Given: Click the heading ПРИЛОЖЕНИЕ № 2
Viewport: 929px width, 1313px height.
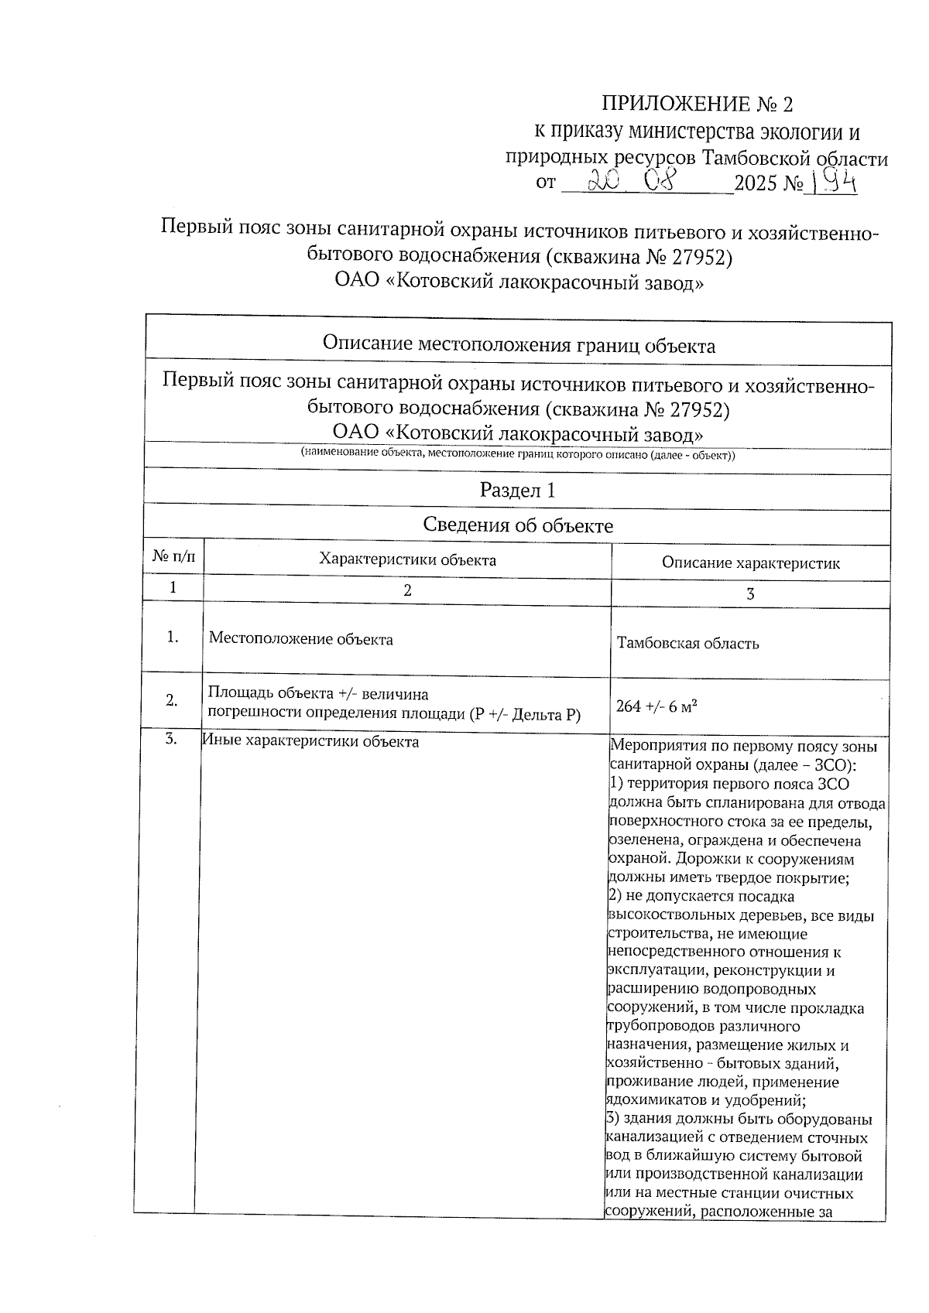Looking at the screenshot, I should click(698, 104).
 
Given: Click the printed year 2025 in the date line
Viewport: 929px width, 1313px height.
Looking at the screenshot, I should click(757, 184).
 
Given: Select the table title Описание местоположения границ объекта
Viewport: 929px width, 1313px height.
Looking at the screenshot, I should click(518, 345).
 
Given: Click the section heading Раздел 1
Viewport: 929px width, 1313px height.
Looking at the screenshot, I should click(517, 490).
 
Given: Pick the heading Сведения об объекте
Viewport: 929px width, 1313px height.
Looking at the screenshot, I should click(517, 526).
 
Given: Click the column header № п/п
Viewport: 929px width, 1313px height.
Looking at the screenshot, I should click(173, 556).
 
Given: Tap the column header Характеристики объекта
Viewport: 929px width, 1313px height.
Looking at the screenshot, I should click(407, 559).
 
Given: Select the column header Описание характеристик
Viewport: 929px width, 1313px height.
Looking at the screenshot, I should click(750, 563).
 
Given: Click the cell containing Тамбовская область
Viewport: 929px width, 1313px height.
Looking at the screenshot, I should click(687, 644).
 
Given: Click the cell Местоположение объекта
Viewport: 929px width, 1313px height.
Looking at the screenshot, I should click(301, 639).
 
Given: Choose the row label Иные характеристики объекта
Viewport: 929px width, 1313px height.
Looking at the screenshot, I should click(310, 742).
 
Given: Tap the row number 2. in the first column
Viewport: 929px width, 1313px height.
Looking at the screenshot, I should click(172, 700).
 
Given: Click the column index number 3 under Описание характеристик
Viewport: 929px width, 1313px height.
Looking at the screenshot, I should click(749, 594).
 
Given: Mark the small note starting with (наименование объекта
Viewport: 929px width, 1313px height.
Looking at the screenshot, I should click(517, 455).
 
